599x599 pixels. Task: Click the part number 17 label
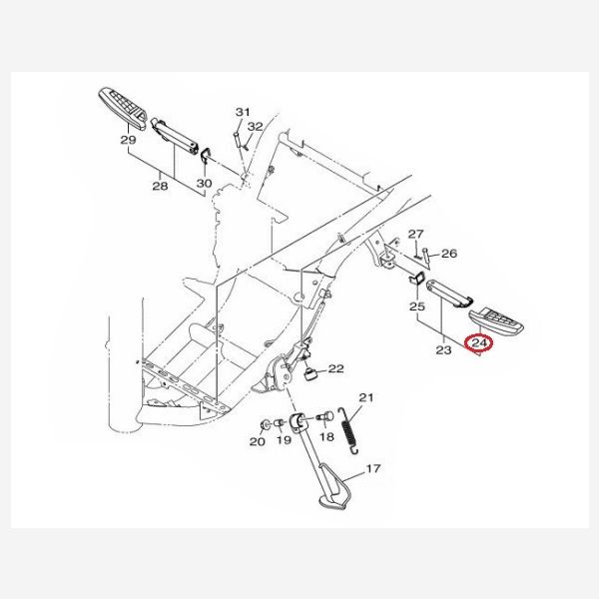[373, 468]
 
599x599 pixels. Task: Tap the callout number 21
[366, 397]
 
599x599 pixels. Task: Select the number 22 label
[335, 368]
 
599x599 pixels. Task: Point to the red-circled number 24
[479, 342]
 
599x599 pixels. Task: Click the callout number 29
[129, 140]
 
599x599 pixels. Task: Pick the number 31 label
[243, 112]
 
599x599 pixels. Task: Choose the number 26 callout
[449, 254]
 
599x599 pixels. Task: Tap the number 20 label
[258, 441]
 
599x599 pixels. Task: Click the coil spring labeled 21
[348, 431]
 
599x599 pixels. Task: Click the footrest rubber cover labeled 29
[123, 109]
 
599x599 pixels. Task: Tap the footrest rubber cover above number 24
[496, 320]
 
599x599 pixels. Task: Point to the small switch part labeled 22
[310, 374]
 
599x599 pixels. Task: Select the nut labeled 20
[264, 425]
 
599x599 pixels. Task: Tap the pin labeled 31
[238, 140]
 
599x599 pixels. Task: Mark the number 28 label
[160, 186]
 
